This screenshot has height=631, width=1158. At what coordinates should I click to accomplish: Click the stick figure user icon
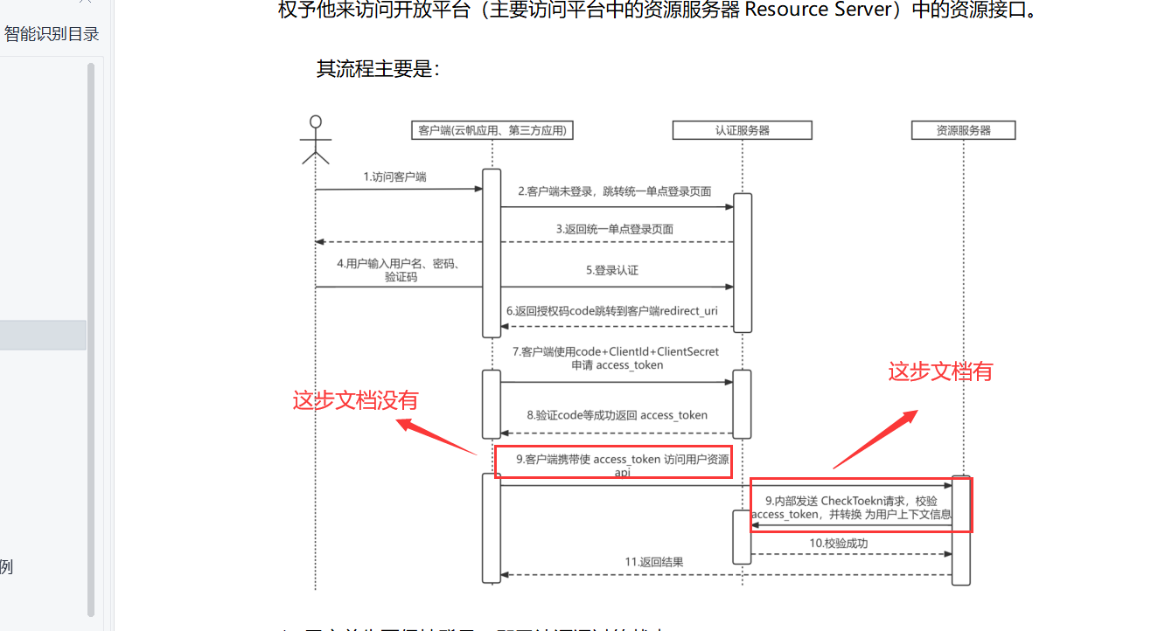tap(316, 140)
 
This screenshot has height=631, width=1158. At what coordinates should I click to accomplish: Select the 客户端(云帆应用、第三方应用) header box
tap(492, 130)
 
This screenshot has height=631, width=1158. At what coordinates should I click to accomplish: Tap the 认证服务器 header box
tap(742, 130)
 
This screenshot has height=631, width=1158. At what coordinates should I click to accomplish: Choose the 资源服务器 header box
tap(963, 130)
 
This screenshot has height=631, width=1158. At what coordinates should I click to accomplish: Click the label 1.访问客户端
tap(395, 177)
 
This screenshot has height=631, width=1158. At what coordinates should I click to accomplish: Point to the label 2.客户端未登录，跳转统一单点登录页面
tap(614, 191)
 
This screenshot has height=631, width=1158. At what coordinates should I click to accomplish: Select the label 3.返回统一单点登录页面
tap(615, 229)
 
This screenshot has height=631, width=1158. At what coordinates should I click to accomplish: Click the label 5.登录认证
tap(612, 271)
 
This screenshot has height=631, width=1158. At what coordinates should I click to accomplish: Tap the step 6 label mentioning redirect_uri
tap(612, 311)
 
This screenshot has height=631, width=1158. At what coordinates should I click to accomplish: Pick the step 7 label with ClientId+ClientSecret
tap(616, 357)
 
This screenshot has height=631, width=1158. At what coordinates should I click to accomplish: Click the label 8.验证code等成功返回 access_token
tap(617, 415)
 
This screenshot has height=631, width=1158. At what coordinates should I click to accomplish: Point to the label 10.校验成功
tap(838, 543)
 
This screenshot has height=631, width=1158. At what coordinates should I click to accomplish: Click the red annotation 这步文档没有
tap(355, 400)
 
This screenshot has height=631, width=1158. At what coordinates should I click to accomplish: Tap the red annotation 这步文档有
tap(940, 371)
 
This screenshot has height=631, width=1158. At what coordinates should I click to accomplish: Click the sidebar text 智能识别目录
tap(52, 34)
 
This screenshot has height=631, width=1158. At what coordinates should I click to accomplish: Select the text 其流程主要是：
tap(378, 69)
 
